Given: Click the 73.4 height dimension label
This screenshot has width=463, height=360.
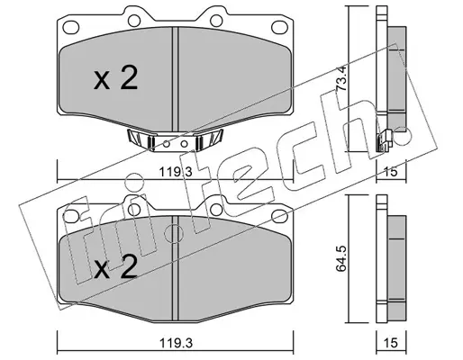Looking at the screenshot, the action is click(341, 78).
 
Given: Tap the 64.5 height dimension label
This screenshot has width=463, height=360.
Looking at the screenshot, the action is click(341, 258).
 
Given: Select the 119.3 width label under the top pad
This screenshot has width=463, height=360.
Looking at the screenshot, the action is click(176, 172).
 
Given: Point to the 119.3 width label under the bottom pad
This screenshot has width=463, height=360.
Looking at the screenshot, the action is click(176, 343).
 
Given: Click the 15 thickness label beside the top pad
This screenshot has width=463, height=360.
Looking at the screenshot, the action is click(391, 172).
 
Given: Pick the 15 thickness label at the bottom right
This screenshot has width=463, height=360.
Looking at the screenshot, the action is click(391, 343).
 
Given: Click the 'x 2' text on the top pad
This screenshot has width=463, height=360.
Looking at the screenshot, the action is click(115, 78).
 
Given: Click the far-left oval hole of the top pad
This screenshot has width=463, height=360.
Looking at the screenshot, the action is click(71, 26).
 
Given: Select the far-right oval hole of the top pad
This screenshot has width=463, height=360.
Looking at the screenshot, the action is click(279, 26).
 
